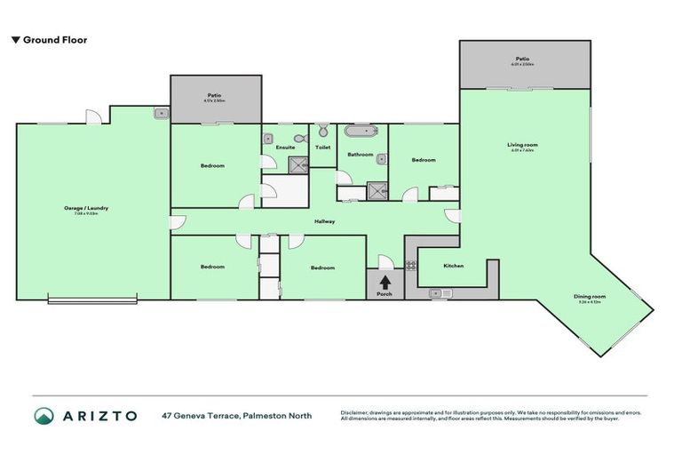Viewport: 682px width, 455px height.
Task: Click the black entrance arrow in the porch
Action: point(385,281)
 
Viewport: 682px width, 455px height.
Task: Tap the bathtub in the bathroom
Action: point(361,132)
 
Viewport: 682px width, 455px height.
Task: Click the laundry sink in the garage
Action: point(161,113)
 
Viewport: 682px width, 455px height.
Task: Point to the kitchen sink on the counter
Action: point(436,292)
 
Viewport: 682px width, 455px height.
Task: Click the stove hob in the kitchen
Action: point(411,264)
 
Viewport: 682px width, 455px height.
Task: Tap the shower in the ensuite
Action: point(296,163)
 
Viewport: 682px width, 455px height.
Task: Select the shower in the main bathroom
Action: point(378,190)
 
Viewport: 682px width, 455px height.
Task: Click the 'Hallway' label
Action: point(323,221)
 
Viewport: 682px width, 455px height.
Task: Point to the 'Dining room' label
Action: point(591,297)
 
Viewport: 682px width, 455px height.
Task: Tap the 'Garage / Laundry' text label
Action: point(86,208)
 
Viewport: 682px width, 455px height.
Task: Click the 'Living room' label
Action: point(524,145)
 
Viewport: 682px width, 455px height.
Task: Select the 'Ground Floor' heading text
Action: point(54,40)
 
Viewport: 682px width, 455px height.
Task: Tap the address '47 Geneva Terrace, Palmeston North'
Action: point(236,415)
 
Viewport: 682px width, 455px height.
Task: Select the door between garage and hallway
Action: point(171,222)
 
